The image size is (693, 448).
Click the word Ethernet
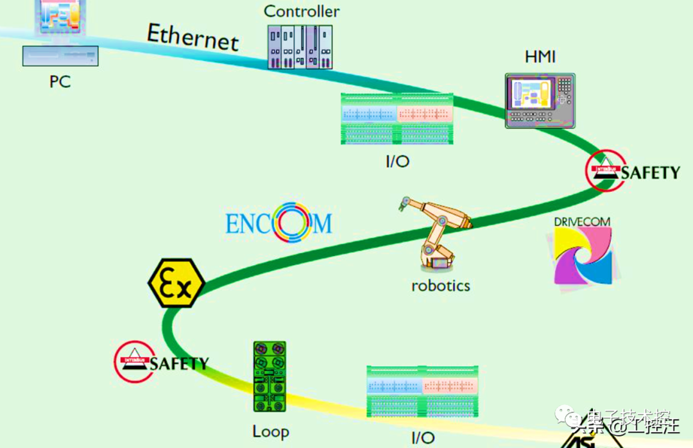[193, 37]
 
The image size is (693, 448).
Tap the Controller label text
[302, 11]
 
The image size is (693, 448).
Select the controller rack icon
[300, 47]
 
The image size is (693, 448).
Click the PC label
[60, 82]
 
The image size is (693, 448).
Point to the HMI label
[540, 57]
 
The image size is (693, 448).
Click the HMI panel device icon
[540, 101]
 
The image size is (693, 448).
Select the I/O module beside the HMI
[397, 119]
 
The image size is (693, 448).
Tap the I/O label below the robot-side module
[397, 161]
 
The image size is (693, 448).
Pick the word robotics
[440, 285]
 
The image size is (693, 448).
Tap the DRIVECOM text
[582, 221]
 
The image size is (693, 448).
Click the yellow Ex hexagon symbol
[176, 284]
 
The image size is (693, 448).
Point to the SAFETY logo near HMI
[633, 171]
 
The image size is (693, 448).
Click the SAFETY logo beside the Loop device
[162, 361]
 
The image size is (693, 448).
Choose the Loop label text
[270, 431]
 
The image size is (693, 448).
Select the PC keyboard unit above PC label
[60, 56]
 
